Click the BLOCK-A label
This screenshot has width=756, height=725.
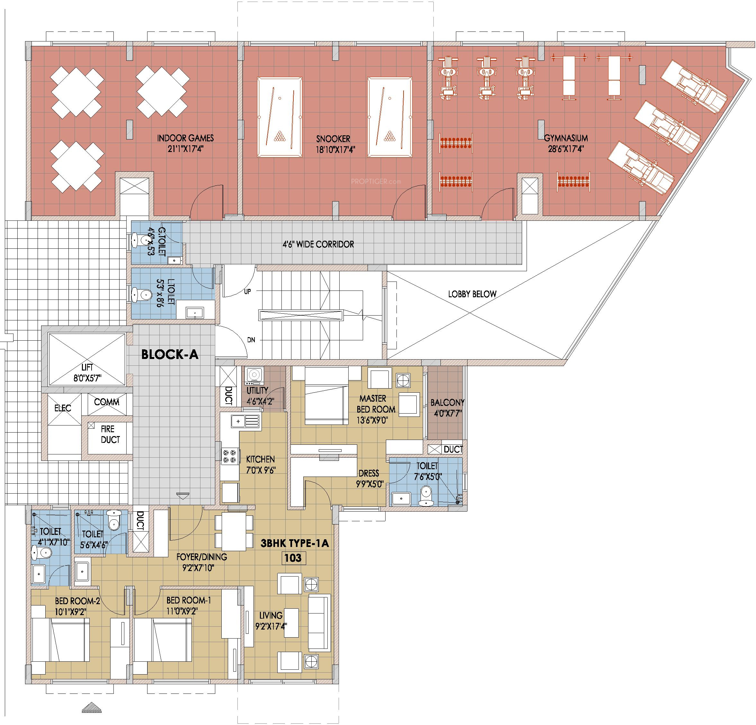(x=170, y=354)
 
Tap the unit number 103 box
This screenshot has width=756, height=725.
(x=293, y=558)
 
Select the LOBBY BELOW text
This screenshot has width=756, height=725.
(x=472, y=294)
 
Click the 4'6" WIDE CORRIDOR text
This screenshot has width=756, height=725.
(x=318, y=244)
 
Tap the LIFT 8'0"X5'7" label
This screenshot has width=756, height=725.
(x=87, y=373)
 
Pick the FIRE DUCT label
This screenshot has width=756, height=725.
(x=110, y=434)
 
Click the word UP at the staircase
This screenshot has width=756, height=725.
(x=247, y=292)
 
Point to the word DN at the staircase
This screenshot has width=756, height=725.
(x=251, y=340)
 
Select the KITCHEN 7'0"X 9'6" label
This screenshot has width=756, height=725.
(x=261, y=464)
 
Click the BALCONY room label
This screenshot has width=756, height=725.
(x=448, y=408)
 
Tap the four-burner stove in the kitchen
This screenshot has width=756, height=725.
(x=227, y=456)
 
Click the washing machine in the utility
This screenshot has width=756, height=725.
(x=254, y=376)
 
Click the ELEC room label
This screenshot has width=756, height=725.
(x=62, y=408)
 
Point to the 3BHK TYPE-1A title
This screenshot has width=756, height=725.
(x=295, y=543)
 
